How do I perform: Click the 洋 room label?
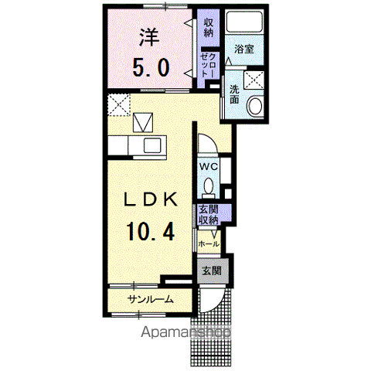pos(149,37)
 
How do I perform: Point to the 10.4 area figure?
pos(151,230)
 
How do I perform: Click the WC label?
pos(209,166)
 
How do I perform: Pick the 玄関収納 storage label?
pos(209,215)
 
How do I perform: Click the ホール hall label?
pos(208,243)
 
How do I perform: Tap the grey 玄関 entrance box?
pos(211,271)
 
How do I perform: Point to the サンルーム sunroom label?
pos(150,299)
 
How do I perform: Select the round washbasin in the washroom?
pos(257,107)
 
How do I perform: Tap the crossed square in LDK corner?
pos(118,104)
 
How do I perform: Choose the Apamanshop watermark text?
pos(185,334)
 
